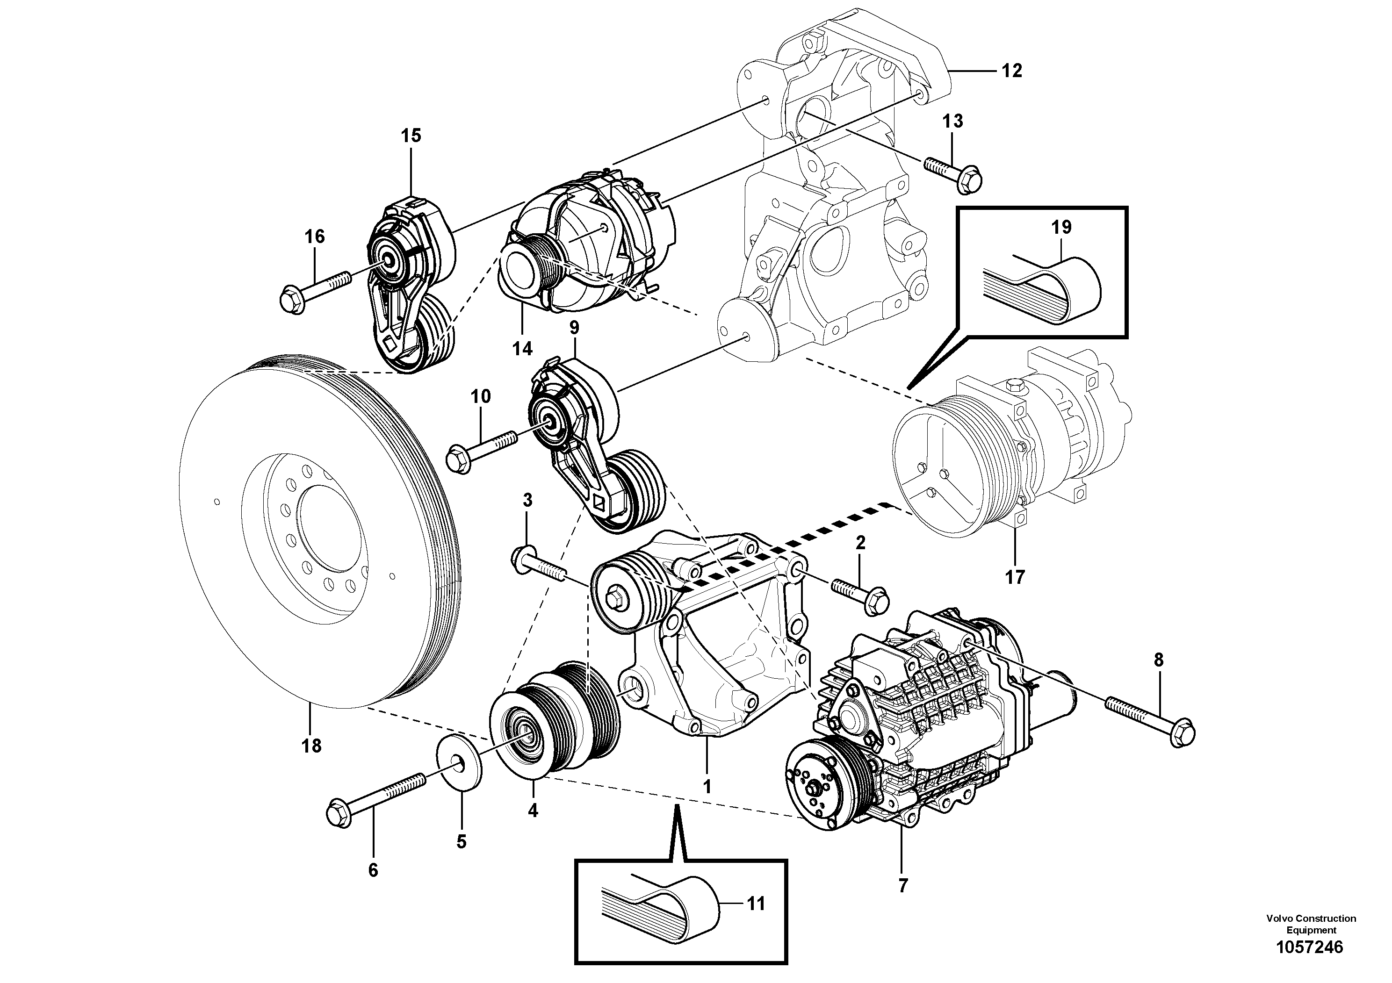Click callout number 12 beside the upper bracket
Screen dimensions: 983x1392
[1011, 71]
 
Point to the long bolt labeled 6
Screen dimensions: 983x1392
[376, 800]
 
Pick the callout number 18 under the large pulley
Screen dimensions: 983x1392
[311, 746]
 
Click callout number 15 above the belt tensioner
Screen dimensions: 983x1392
[411, 136]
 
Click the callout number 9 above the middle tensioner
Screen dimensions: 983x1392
[574, 328]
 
